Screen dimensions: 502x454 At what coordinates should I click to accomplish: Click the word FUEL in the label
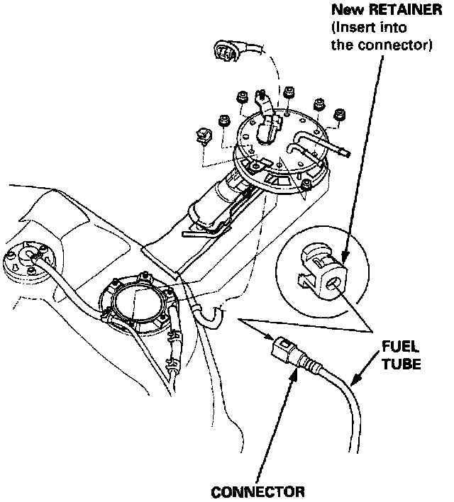[401, 348]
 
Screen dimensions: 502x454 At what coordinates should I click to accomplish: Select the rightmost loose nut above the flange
[340, 113]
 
